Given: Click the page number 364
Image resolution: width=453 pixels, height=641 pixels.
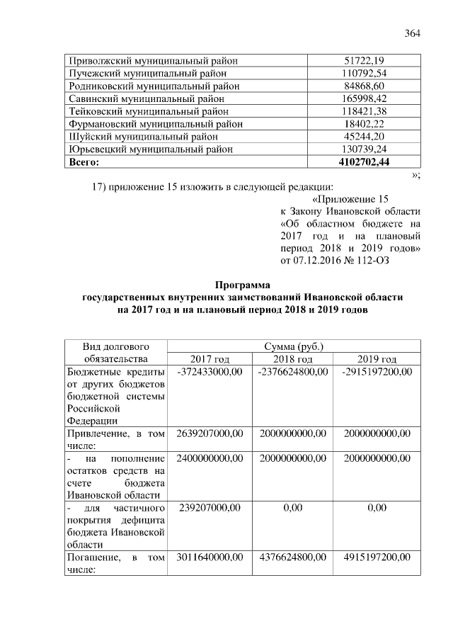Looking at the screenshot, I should pos(413,34).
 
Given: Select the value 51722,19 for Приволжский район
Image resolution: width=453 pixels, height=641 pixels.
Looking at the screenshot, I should pos(364,60).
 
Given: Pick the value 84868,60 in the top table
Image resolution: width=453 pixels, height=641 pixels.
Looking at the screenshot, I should pos(364,86).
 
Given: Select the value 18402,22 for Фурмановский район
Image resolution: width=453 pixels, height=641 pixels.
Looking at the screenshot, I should pos(364,124).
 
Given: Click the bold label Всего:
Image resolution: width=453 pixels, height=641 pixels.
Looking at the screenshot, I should pos(84,162).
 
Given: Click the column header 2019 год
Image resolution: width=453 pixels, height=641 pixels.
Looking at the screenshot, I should pos(377,359).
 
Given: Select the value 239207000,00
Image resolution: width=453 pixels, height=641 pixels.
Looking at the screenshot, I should pos(210,508).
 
